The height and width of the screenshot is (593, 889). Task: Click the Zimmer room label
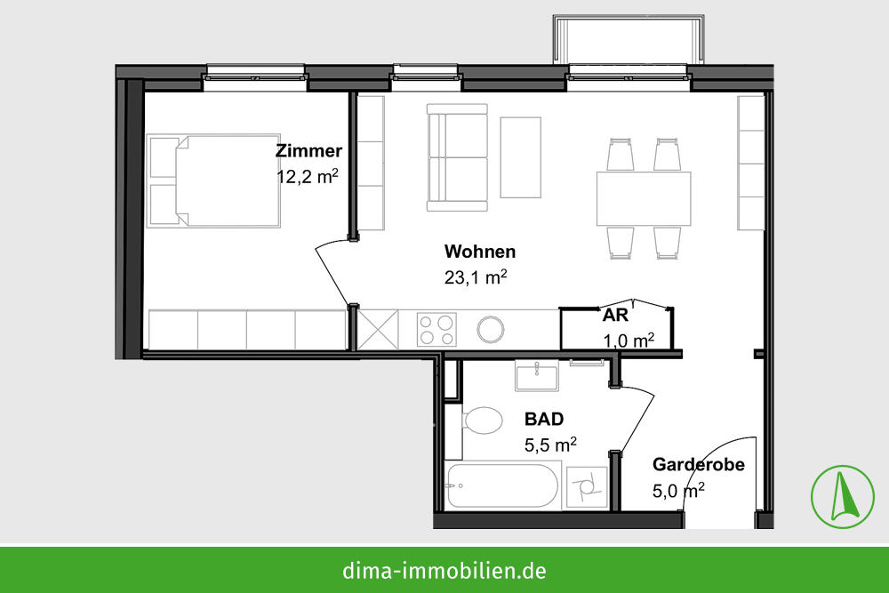pyautogui.click(x=308, y=151)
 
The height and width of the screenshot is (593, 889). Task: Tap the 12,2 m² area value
pyautogui.click(x=308, y=176)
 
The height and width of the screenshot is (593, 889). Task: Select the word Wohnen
pyautogui.click(x=480, y=251)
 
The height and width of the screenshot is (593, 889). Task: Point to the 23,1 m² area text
pyautogui.click(x=475, y=277)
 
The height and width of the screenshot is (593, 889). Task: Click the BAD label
pyautogui.click(x=544, y=419)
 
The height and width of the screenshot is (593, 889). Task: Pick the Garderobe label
pyautogui.click(x=699, y=464)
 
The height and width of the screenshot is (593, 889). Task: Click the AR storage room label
pyautogui.click(x=615, y=316)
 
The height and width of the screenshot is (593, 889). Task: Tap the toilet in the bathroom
pyautogui.click(x=482, y=421)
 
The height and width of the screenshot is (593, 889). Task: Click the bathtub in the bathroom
pyautogui.click(x=502, y=485)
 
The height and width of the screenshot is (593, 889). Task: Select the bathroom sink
pyautogui.click(x=537, y=376)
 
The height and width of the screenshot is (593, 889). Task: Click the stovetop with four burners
pyautogui.click(x=436, y=329)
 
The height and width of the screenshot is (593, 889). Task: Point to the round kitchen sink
pyautogui.click(x=491, y=329)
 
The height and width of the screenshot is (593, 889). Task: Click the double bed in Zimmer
pyautogui.click(x=213, y=180)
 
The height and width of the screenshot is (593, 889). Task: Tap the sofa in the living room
pyautogui.click(x=457, y=157)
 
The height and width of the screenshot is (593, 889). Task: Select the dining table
pyautogui.click(x=644, y=198)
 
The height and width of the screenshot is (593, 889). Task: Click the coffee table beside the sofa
pyautogui.click(x=520, y=157)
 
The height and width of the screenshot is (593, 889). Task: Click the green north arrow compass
pyautogui.click(x=843, y=497)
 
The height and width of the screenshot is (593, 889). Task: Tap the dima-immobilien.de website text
pyautogui.click(x=444, y=570)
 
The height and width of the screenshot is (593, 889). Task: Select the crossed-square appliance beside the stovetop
pyautogui.click(x=378, y=329)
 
